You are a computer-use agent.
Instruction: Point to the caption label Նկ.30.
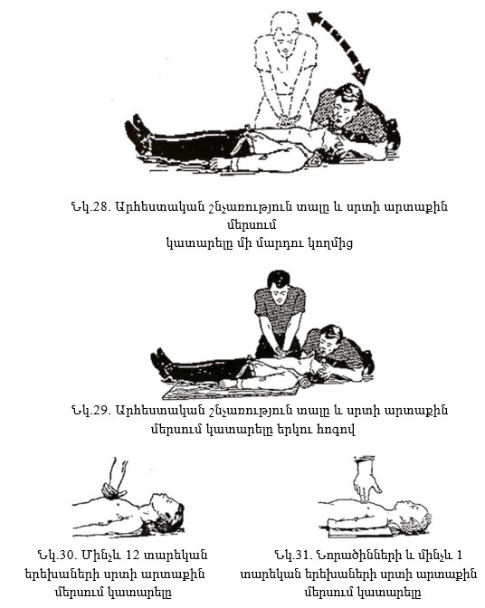pos(57,556)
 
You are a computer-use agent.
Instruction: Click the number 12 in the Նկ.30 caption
pos(133,556)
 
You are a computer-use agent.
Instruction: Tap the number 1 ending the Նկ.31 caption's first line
pos(460,556)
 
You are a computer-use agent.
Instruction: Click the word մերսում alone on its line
pos(252,225)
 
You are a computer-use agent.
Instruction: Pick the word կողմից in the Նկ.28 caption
pos(330,244)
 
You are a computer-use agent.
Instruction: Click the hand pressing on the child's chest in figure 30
pos(113,491)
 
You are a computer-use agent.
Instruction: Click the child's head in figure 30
pos(167,513)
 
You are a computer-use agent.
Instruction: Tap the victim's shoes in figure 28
pos(138,134)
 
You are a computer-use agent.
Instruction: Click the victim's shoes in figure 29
pos(161,363)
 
